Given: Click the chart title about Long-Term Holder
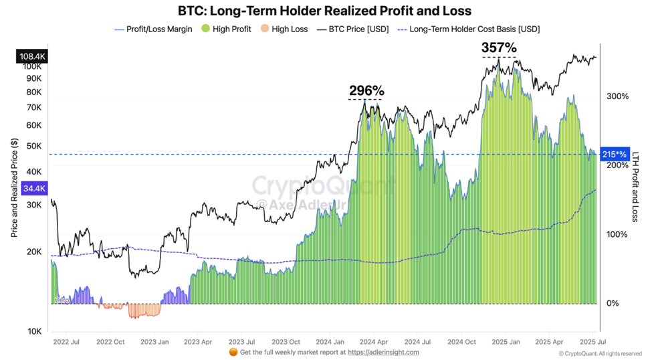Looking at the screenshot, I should tap(324, 11).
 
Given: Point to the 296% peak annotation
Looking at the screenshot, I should tap(366, 90).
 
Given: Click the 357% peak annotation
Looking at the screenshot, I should tap(500, 48).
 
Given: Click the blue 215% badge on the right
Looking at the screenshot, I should tap(614, 155).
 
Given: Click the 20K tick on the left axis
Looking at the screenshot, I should tap(33, 252).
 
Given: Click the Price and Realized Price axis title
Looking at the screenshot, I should tap(14, 188).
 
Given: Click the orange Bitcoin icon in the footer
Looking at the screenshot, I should tap(233, 352).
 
